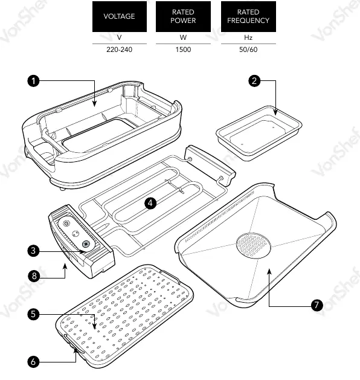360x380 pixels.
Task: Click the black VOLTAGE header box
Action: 120,16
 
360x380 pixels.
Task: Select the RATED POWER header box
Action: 183,16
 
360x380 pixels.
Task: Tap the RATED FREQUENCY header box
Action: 248,16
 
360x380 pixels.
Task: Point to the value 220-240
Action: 120,50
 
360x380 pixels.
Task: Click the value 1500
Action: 183,50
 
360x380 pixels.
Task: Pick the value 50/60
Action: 248,50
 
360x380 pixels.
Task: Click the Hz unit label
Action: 248,37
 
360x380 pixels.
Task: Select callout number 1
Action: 33,81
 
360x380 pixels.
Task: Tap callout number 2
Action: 254,81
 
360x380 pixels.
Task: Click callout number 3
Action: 33,251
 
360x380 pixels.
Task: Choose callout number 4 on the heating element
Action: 150,203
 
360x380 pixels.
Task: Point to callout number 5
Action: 33,314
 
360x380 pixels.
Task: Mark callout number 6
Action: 33,362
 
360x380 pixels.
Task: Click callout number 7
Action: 317,305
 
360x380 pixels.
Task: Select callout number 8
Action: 34,276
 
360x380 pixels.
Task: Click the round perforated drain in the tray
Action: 254,245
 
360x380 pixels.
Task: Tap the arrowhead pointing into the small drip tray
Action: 275,112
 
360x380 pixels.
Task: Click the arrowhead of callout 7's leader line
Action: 269,272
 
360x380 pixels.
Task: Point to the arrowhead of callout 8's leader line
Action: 65,266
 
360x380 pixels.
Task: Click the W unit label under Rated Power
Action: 183,37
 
